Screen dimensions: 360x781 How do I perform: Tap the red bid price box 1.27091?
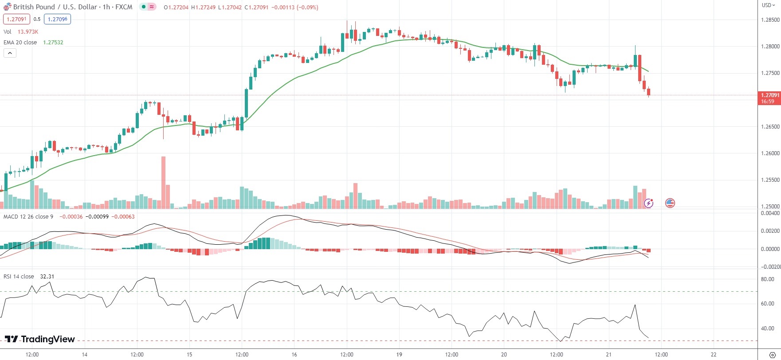16,19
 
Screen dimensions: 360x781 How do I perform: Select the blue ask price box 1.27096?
57,19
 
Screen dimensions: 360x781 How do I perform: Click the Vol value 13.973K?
28,32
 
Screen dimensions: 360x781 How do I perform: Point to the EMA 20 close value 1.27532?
53,43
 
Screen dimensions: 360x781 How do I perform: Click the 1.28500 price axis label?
769,20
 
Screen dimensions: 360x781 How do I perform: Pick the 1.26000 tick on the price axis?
769,153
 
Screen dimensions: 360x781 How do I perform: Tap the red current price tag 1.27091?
769,95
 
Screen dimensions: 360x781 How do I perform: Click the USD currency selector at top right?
768,5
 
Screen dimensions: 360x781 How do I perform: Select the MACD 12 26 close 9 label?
28,217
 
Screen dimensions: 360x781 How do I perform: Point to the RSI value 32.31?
47,277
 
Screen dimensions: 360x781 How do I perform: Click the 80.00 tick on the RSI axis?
767,279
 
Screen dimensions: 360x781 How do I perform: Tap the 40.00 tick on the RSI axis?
767,329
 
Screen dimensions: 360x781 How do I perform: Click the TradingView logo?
40,339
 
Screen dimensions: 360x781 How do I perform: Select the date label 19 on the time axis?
399,355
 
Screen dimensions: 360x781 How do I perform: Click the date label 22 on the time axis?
714,355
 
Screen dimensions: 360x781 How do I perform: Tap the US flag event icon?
670,203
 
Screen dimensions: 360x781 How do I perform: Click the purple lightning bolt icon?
648,203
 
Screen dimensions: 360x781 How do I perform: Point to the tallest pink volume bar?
163,182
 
